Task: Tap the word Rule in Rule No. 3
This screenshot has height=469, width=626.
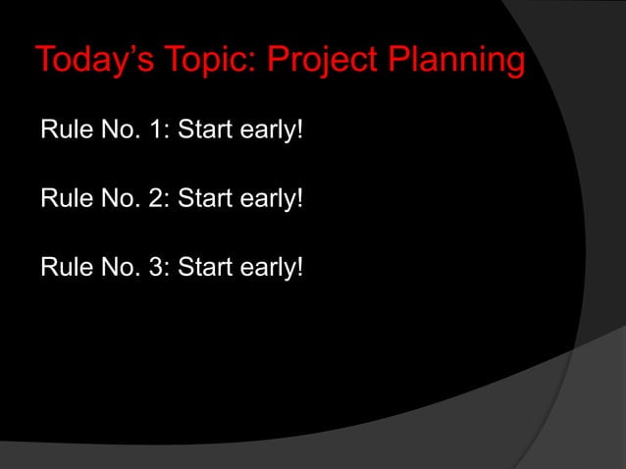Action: point(64,267)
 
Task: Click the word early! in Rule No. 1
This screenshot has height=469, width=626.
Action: point(267,131)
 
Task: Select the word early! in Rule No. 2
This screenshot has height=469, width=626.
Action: point(267,200)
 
